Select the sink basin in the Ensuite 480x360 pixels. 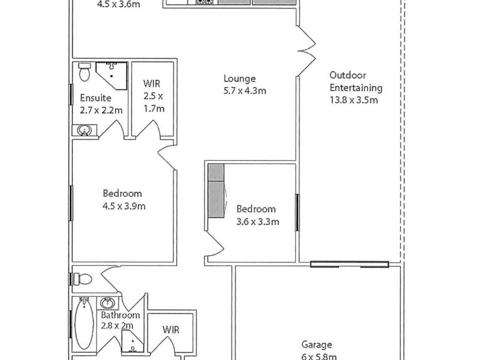[x=84, y=130]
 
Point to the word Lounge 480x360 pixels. [x=239, y=79]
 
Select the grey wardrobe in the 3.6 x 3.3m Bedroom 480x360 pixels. [x=215, y=193]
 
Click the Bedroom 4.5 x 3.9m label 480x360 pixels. [x=122, y=200]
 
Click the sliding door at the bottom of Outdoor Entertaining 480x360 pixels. [x=349, y=263]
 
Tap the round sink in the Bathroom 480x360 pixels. [x=109, y=303]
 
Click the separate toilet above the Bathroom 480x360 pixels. [x=82, y=279]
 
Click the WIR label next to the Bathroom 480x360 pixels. [x=170, y=329]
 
